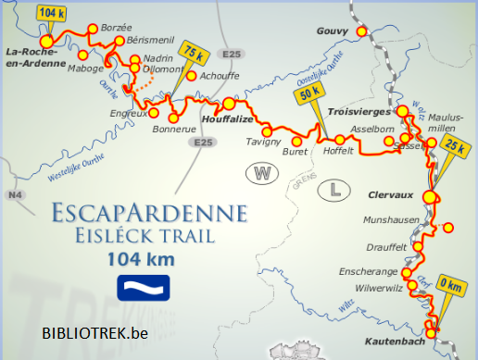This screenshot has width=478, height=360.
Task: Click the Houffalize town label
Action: [x=217, y=120]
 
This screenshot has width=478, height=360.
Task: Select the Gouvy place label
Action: [x=332, y=31]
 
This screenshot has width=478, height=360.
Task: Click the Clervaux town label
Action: [x=389, y=196]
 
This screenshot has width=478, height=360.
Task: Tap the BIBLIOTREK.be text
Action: [x=94, y=332]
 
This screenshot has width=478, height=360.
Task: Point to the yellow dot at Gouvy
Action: [x=362, y=31]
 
